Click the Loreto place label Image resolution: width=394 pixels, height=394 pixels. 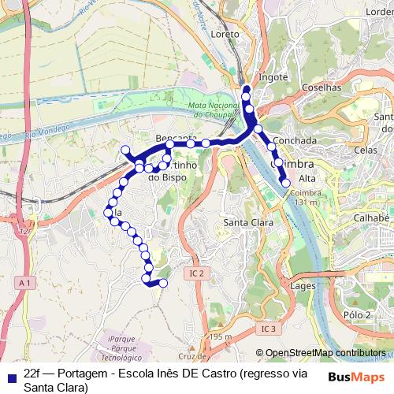pos(225,35)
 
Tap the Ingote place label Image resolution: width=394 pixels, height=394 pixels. pos(273,78)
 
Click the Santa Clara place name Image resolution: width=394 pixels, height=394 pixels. pos(247,222)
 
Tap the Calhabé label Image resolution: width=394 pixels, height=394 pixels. pos(372,218)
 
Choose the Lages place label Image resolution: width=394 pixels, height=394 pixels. pos(303,286)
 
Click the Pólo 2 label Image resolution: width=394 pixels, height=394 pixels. pos(357,315)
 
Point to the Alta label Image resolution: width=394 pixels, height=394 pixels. pos(307,179)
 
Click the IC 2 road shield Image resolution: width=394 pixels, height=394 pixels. pos(196,273)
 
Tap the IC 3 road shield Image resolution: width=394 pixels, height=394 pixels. pos(269,328)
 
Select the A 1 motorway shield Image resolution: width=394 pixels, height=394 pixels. pos(26,282)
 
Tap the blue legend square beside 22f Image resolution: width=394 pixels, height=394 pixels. pos(9,374)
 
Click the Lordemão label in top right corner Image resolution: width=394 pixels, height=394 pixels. pos(378,12)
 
